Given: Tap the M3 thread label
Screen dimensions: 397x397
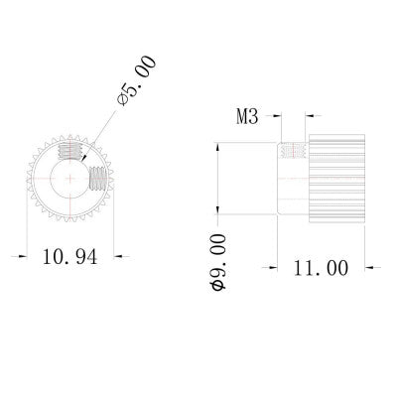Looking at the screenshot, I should pyautogui.click(x=248, y=117).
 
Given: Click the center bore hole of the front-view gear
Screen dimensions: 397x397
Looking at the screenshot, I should pyautogui.click(x=68, y=177).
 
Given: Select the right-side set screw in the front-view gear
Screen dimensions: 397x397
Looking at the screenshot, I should pyautogui.click(x=97, y=181).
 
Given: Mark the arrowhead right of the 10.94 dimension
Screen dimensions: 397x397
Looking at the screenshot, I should pyautogui.click(x=110, y=256).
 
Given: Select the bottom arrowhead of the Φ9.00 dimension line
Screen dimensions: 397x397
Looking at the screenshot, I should pyautogui.click(x=218, y=209).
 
